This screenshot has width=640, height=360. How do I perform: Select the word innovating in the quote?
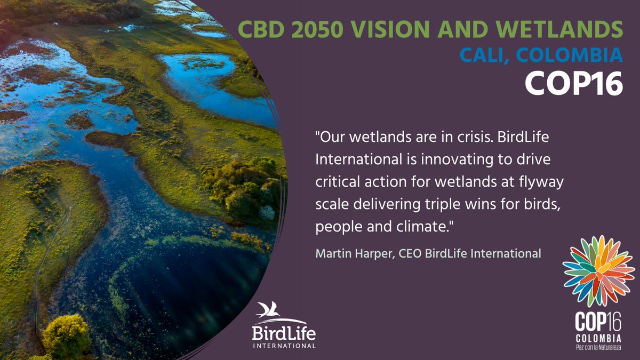(x=434, y=159)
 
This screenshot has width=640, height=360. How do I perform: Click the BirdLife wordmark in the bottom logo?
(x=283, y=334)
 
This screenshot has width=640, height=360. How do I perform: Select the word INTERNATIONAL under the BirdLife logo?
(x=283, y=346)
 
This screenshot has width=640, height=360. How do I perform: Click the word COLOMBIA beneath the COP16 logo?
(x=598, y=339)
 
